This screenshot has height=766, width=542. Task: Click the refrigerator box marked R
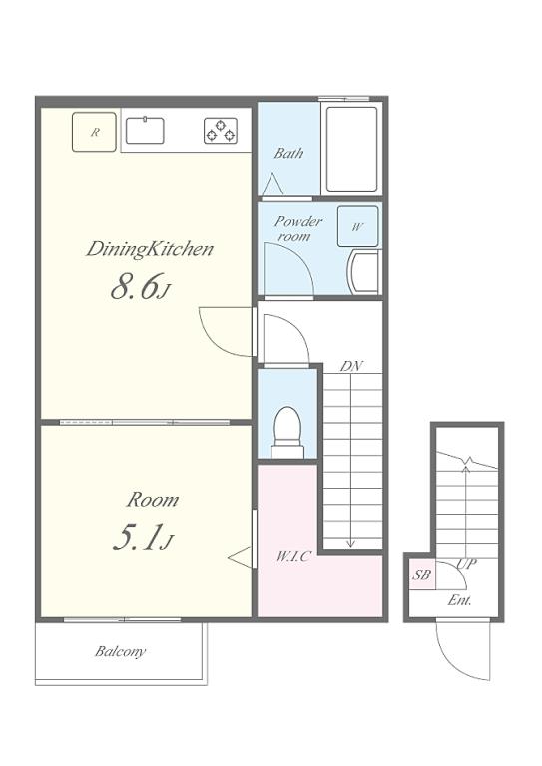(x=94, y=132)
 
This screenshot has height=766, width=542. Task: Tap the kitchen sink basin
(x=145, y=131)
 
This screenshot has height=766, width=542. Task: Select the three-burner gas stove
(x=221, y=131)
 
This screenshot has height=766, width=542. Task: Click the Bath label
(x=288, y=153)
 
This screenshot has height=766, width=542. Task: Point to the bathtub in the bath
(x=352, y=149)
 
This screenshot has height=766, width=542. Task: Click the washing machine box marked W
(x=357, y=226)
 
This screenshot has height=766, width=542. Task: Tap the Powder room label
(x=297, y=228)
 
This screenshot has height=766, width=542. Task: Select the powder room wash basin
(x=364, y=272)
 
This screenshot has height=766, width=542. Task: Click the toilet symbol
(x=287, y=432)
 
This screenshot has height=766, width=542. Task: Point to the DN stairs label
(x=352, y=366)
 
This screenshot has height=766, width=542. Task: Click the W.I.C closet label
(x=293, y=556)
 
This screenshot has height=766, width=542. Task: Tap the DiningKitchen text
(x=150, y=249)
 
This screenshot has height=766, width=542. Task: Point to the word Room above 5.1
(x=153, y=500)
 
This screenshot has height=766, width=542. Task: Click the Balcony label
(x=120, y=651)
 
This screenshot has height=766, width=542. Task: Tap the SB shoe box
(x=421, y=574)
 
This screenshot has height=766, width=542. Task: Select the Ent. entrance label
(x=459, y=600)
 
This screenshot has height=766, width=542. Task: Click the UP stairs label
(x=466, y=564)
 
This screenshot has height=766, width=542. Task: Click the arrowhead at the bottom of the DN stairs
(x=351, y=543)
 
